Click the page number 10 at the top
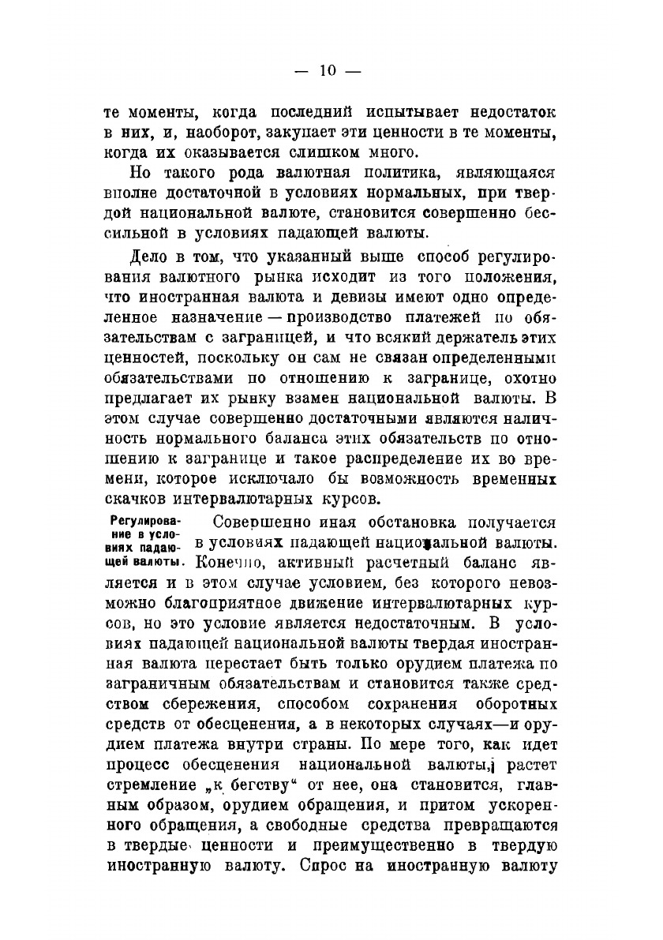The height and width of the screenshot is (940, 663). [328, 70]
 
